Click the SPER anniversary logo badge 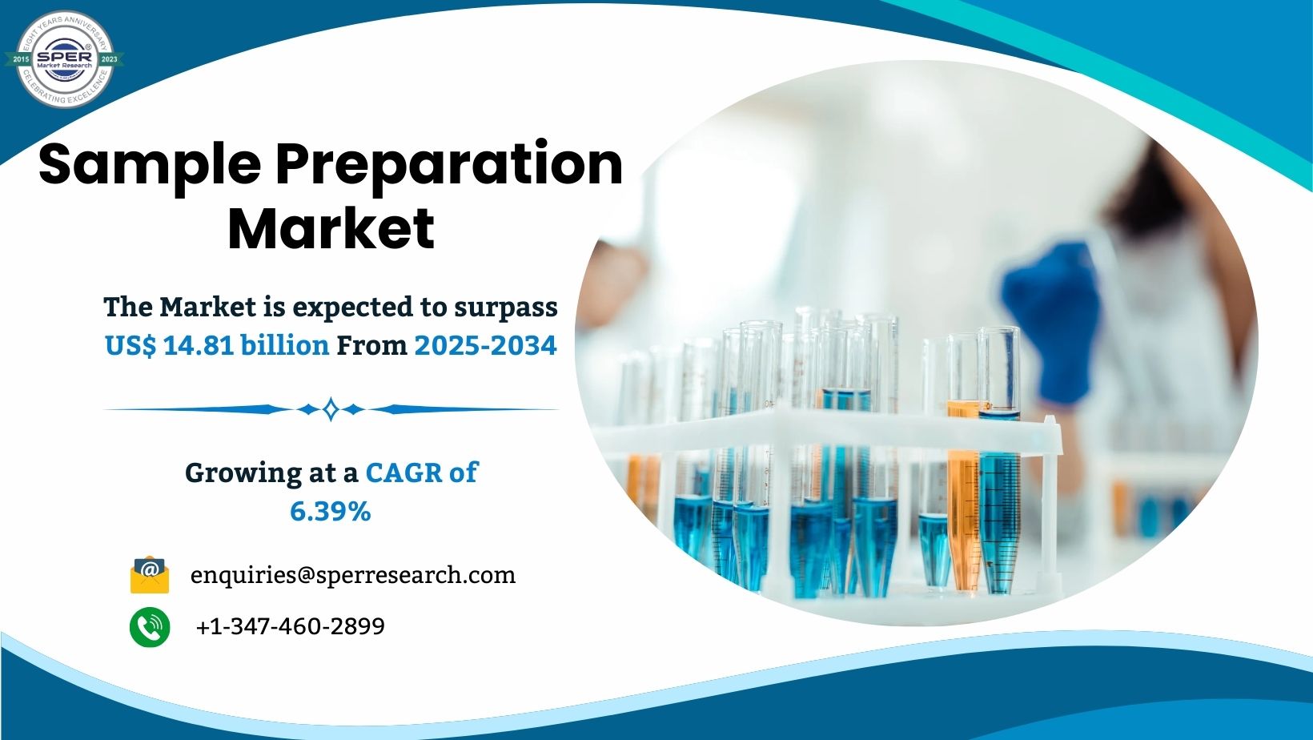[65, 59]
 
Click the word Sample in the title [149, 163]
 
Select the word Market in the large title [331, 229]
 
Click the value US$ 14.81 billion [217, 345]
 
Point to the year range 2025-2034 [485, 345]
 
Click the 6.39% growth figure [330, 511]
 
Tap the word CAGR [404, 473]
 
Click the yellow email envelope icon [150, 575]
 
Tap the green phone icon [150, 626]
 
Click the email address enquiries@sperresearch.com [353, 575]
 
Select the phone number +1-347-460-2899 [290, 626]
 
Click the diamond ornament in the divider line [331, 409]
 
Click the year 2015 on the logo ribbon [22, 59]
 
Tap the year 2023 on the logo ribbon [109, 59]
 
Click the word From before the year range [371, 345]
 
